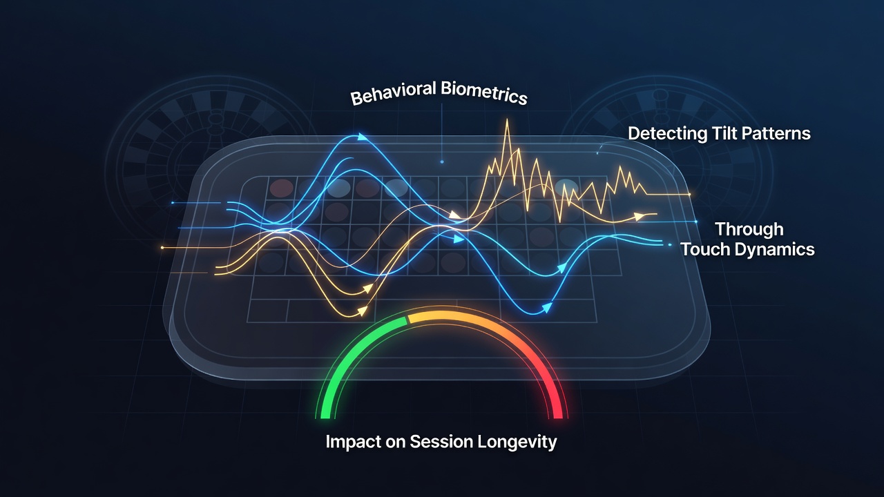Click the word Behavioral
393,92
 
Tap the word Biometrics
484,93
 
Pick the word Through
749,230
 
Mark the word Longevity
517,442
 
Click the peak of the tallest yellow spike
507,119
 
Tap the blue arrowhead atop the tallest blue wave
362,137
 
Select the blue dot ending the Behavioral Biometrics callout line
442,162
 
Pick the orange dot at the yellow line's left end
162,248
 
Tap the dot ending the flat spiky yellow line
689,195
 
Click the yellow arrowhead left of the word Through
639,216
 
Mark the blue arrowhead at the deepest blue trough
546,307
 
